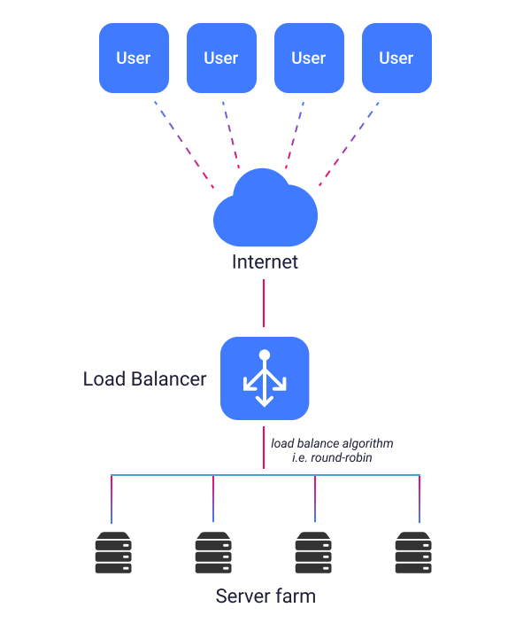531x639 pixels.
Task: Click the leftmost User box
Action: click(134, 58)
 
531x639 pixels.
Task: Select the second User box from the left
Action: click(221, 58)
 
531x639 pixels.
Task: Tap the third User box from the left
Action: click(309, 58)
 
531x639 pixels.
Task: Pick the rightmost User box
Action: click(396, 58)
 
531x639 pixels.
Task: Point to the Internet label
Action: click(265, 262)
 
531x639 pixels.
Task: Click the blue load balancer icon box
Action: click(265, 378)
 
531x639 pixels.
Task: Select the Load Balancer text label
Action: click(144, 379)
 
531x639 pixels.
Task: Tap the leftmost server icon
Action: click(112, 552)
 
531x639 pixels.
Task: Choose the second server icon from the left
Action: click(213, 552)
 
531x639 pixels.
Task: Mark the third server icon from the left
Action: click(314, 552)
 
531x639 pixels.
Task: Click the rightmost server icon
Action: click(414, 552)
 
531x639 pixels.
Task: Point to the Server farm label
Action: click(265, 596)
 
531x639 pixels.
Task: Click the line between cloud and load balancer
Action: click(264, 304)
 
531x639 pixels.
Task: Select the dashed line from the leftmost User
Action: click(183, 144)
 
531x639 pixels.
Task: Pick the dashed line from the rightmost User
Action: click(349, 144)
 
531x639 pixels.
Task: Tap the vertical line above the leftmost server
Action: click(112, 500)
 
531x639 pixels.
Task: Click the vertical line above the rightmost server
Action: click(419, 500)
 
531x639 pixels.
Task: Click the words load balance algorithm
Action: click(332, 442)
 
